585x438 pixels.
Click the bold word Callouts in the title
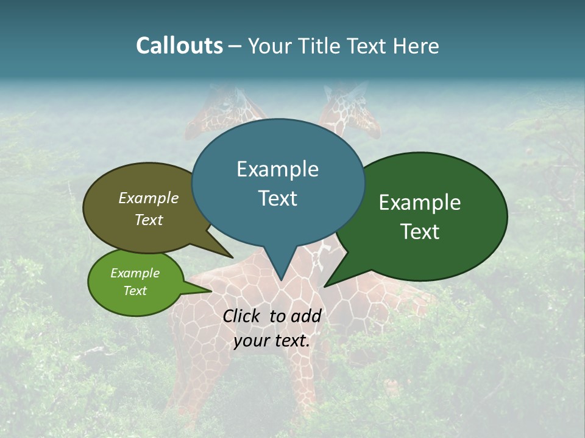click(x=179, y=46)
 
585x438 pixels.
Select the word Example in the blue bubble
click(x=277, y=169)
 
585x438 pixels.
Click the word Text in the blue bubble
click(x=277, y=198)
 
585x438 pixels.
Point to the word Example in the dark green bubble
click(x=420, y=203)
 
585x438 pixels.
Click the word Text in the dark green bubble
click(x=420, y=232)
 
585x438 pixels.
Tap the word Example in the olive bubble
click(x=148, y=198)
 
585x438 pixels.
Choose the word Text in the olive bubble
click(x=148, y=220)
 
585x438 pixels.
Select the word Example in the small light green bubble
click(x=135, y=273)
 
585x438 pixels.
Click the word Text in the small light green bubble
click(x=135, y=291)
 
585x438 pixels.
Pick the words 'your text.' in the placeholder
click(x=272, y=341)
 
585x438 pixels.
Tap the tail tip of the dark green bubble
click(x=325, y=286)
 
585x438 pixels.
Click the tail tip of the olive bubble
click(x=232, y=257)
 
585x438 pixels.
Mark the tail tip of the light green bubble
click(x=211, y=291)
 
